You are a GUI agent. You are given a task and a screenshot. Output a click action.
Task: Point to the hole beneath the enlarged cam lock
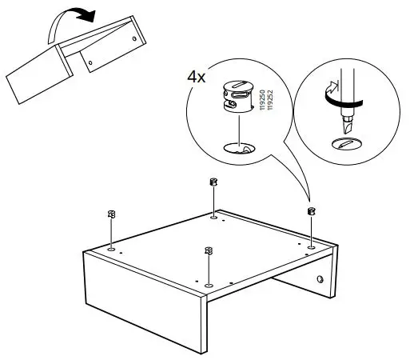237,147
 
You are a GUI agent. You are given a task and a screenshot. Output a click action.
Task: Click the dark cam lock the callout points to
311,211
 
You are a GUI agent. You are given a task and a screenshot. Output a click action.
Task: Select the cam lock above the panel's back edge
213,182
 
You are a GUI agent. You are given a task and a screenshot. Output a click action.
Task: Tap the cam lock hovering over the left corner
111,215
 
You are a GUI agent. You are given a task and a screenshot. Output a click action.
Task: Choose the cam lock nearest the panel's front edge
208,252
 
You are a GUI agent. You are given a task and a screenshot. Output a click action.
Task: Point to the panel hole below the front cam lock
208,285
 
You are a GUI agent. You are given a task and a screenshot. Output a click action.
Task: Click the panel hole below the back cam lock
213,215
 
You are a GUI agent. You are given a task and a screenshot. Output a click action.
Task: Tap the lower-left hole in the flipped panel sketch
90,61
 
